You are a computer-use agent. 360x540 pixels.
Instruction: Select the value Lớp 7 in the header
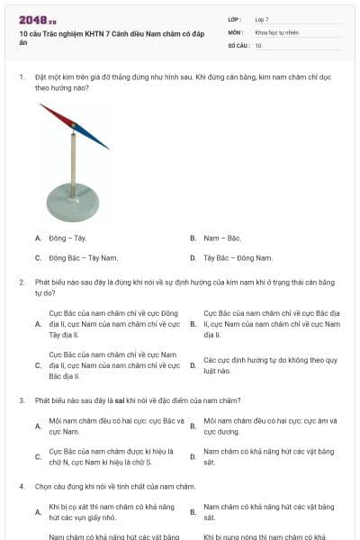pyautogui.click(x=262, y=19)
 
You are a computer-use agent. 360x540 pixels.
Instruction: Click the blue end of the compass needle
pyautogui.click(x=94, y=139)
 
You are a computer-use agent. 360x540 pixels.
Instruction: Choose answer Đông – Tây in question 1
pyautogui.click(x=67, y=238)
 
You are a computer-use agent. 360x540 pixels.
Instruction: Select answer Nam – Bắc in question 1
pyautogui.click(x=222, y=238)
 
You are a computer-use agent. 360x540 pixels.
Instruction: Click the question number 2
pyautogui.click(x=22, y=282)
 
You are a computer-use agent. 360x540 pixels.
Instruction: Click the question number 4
pyautogui.click(x=22, y=486)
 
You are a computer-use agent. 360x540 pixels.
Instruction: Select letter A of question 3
pyautogui.click(x=38, y=427)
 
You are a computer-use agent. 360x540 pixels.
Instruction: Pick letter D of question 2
pyautogui.click(x=193, y=365)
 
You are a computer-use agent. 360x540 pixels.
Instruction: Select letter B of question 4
pyautogui.click(x=193, y=512)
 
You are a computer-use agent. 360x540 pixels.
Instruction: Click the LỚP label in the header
pyautogui.click(x=234, y=19)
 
